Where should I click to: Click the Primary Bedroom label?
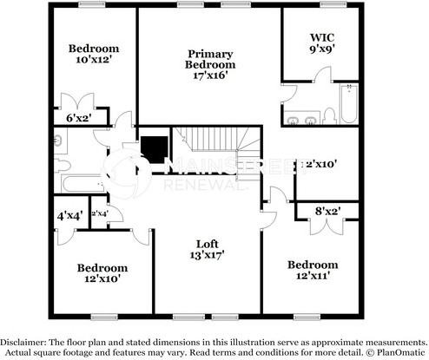pos(211,64)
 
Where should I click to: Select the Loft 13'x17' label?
pos(206,249)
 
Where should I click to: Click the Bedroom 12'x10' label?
pos(102,273)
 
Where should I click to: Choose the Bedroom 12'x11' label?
pos(313,270)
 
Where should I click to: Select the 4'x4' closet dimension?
pos(69,215)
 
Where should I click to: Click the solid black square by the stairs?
pos(155,148)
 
